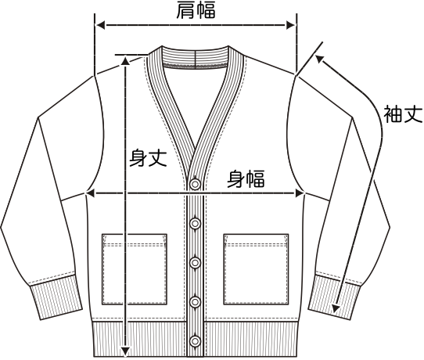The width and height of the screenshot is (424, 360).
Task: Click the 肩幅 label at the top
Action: point(196,10)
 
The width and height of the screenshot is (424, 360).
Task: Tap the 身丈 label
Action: point(148,157)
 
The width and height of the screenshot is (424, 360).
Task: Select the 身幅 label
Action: point(246,178)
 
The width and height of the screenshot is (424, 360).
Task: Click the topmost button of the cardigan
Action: point(195,184)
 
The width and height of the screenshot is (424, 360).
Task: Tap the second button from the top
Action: point(195,223)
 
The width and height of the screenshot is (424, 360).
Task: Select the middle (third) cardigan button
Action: point(195,263)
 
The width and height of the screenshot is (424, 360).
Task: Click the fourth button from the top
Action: point(195,301)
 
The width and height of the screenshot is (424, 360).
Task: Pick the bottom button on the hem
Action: point(195,340)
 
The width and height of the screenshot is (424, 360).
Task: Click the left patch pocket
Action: point(135,269)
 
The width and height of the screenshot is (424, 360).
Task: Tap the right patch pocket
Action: point(256,269)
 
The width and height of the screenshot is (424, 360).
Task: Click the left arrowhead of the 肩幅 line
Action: point(100,25)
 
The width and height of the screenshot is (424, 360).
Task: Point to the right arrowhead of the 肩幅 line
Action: point(291,25)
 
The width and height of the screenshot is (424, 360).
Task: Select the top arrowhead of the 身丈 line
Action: point(125,60)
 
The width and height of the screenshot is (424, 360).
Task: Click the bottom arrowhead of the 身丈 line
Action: point(125,351)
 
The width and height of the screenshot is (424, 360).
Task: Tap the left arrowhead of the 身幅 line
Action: point(90,193)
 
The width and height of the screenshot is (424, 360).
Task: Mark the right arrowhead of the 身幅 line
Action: point(300,193)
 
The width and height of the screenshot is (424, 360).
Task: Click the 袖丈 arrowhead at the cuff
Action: point(336,308)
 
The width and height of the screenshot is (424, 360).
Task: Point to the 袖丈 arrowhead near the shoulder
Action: point(320,59)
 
